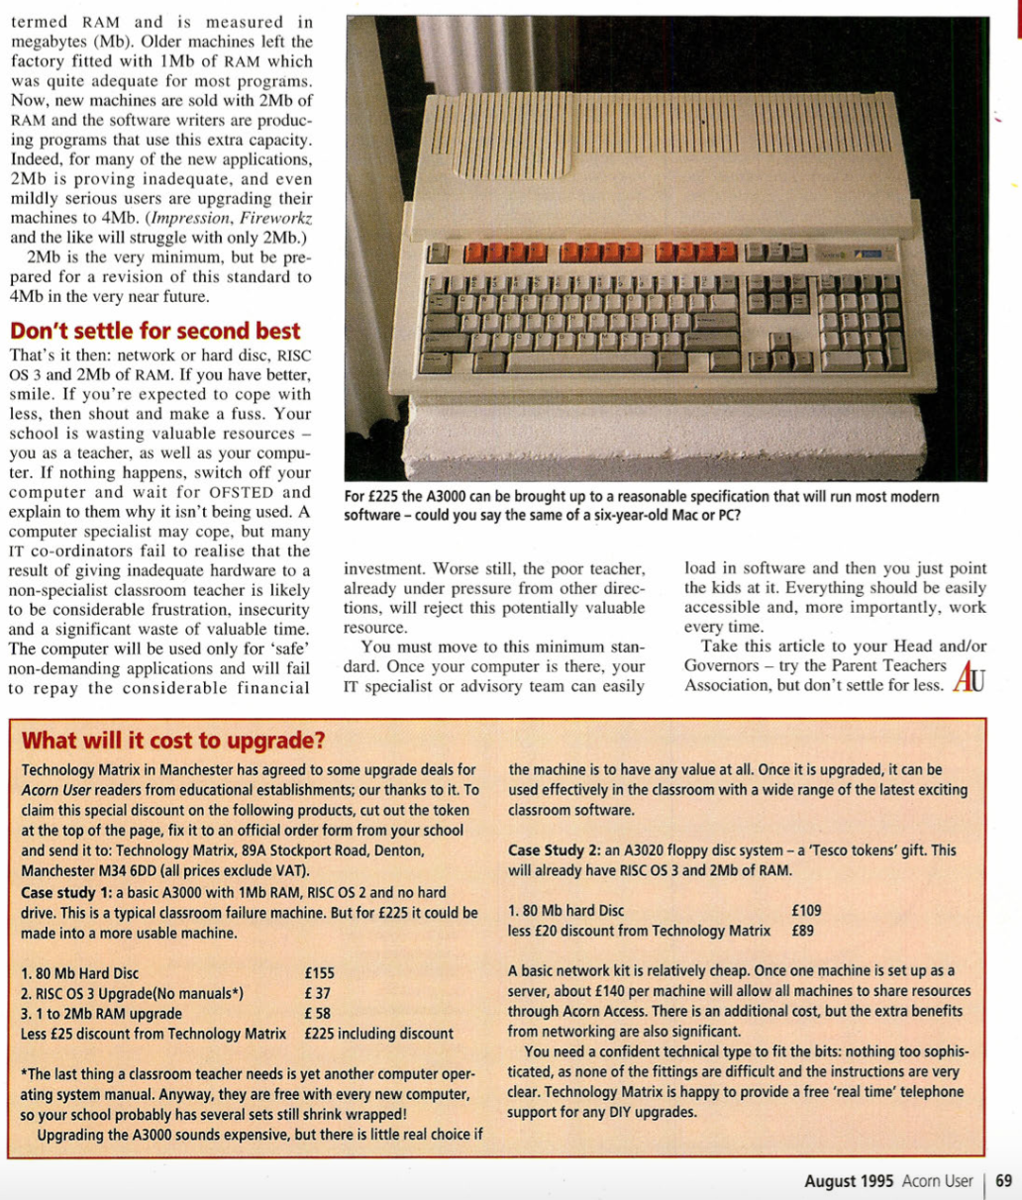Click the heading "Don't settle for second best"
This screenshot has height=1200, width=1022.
click(x=154, y=331)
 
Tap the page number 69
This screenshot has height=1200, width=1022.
click(x=1003, y=1180)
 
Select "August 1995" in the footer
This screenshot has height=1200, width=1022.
click(x=848, y=1180)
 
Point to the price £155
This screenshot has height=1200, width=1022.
click(x=320, y=973)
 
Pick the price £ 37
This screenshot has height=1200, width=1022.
click(x=318, y=993)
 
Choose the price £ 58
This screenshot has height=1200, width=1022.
click(x=318, y=1013)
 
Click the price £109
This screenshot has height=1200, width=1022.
click(x=807, y=910)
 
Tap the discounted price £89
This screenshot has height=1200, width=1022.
click(x=803, y=931)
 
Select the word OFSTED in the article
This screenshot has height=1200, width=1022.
click(x=248, y=492)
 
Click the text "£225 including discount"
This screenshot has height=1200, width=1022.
click(x=379, y=1034)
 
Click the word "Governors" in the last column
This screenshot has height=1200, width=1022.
click(x=721, y=665)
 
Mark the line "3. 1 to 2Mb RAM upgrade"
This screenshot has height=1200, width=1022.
click(x=101, y=1013)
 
